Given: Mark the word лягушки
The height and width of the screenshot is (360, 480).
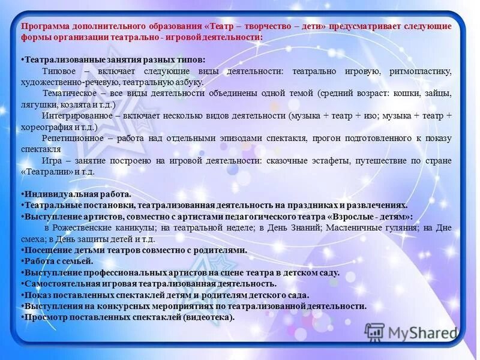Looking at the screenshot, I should [x=36, y=104].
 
